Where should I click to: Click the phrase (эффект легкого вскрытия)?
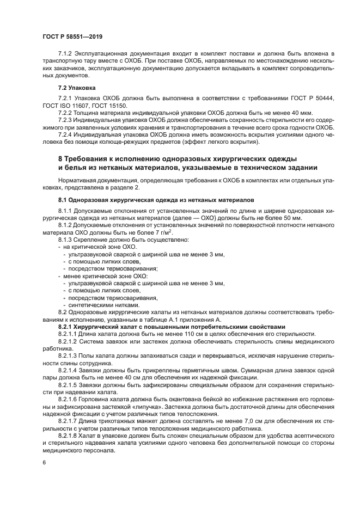[x=225, y=143]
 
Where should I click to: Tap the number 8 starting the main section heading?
[x=60, y=158]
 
